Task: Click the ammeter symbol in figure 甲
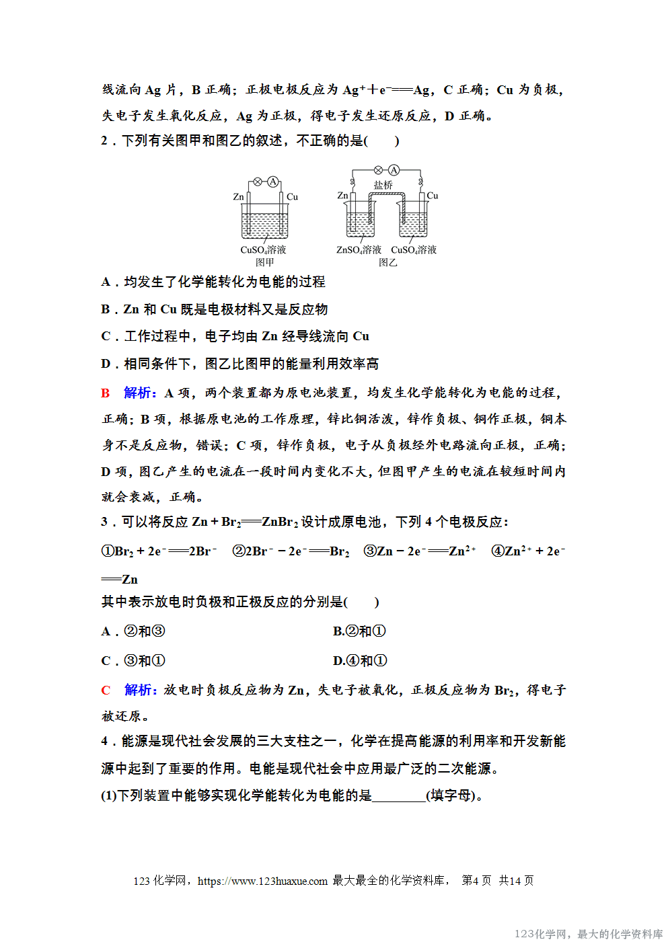[272, 182]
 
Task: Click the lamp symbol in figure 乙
[378, 170]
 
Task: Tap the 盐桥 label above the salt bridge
[383, 185]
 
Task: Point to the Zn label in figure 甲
[238, 197]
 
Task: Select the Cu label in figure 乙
[432, 196]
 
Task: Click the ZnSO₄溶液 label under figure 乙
[359, 250]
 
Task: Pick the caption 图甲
[264, 262]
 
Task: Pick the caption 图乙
[387, 262]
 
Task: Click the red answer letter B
[106, 393]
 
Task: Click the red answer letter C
[106, 690]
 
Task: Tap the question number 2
[104, 141]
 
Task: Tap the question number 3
[104, 522]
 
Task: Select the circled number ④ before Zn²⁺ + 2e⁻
[498, 551]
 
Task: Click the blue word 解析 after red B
[139, 393]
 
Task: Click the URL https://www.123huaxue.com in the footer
[262, 881]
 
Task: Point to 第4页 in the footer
[476, 881]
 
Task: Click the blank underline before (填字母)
[398, 796]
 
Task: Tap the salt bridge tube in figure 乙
[385, 195]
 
